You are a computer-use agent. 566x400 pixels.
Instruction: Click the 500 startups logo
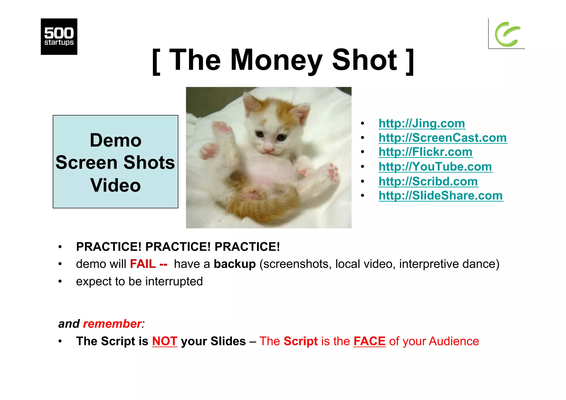tap(59, 36)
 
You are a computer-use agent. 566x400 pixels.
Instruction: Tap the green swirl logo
tap(507, 34)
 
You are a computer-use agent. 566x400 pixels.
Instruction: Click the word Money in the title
tap(276, 60)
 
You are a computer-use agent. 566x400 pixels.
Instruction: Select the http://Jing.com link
tap(422, 123)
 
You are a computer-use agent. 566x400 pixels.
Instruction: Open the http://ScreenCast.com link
tap(442, 138)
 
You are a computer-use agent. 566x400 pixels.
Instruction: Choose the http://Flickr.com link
tap(425, 152)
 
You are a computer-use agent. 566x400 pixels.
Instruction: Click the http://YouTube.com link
tap(435, 166)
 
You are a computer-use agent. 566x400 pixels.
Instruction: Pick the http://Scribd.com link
tap(428, 181)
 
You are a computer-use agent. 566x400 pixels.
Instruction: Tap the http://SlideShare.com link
tap(441, 195)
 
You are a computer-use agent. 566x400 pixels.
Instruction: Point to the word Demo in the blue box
tap(115, 140)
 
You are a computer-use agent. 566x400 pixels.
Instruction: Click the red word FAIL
tap(143, 264)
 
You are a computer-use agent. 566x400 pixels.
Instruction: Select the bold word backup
tap(235, 264)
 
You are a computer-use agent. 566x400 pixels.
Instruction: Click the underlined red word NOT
tap(164, 341)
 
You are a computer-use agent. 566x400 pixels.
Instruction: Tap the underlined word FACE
tap(369, 341)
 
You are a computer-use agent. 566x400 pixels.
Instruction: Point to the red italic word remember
tap(112, 324)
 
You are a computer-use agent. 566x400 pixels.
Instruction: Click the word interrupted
tap(174, 281)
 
